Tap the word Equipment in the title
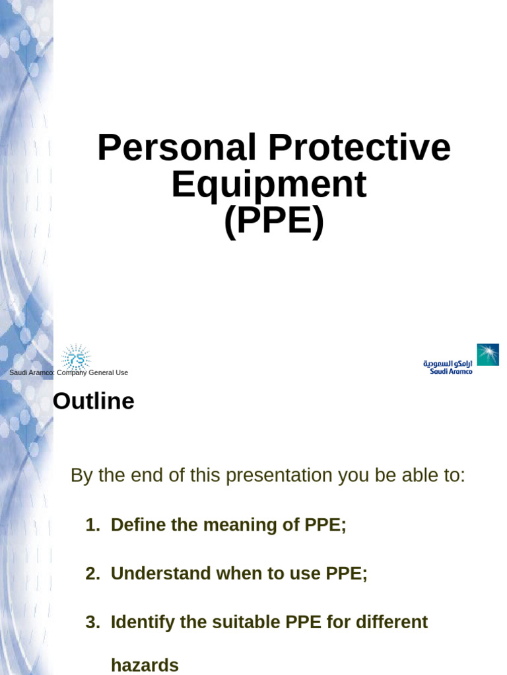(269, 185)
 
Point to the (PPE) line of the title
(273, 222)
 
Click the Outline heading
(93, 401)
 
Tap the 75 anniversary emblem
(75, 358)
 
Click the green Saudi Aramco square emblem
(488, 355)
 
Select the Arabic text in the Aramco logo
(448, 363)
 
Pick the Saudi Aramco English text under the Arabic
(451, 372)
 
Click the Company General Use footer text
(92, 373)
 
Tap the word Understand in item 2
(156, 573)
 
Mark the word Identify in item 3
(137, 622)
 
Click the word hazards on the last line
(145, 665)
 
